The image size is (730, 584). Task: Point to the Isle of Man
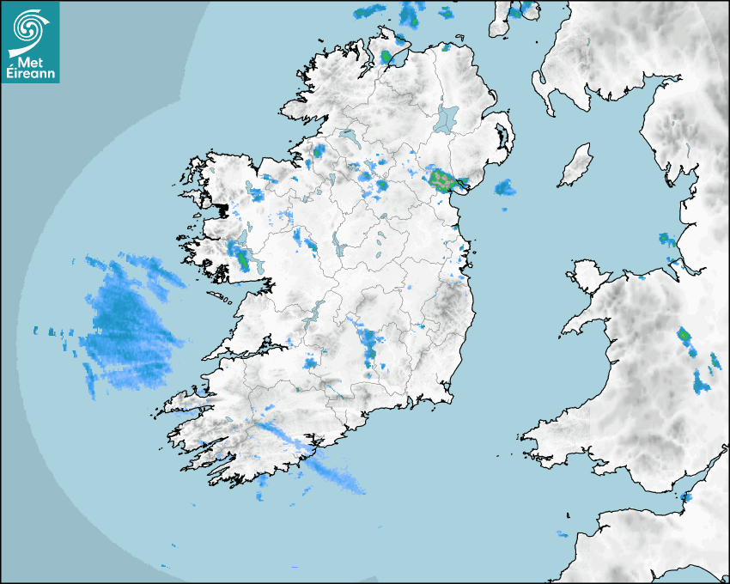click(x=575, y=166)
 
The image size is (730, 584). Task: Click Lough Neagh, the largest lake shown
click(x=446, y=119)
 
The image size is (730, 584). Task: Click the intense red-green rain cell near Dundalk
click(x=443, y=179)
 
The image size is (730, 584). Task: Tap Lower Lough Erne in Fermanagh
click(x=349, y=137)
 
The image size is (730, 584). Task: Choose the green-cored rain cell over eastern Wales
click(x=684, y=336)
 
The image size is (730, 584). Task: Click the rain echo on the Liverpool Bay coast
click(x=664, y=238)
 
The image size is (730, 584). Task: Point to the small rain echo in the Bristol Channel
click(x=685, y=496)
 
